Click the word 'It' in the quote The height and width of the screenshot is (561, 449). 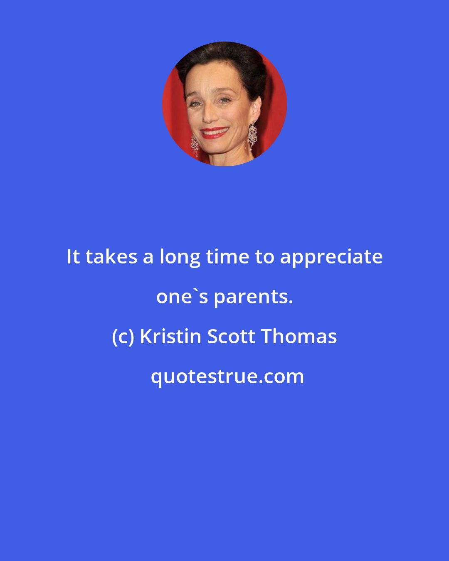(73, 257)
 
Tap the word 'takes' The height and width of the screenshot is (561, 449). (111, 257)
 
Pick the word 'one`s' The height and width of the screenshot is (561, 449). (182, 297)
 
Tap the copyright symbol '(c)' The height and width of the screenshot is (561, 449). (123, 337)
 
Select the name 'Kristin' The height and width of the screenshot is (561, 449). (171, 336)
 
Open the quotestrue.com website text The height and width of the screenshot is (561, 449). (227, 376)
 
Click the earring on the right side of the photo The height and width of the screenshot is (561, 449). (253, 135)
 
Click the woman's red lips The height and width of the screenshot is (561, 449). (215, 133)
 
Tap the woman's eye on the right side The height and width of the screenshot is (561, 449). (225, 100)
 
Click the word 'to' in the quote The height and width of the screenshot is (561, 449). (264, 257)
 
